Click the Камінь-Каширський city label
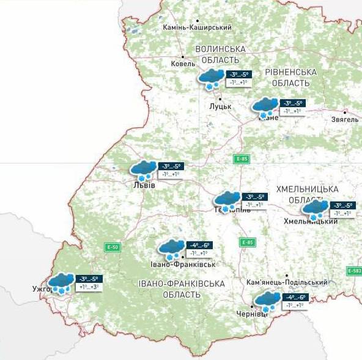tap(197, 28)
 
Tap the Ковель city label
tap(183, 64)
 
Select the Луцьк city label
tap(220, 106)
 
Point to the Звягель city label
tap(345, 119)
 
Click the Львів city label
tap(144, 185)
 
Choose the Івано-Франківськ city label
tap(183, 264)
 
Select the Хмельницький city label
tap(316, 221)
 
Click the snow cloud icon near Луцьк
tap(211, 78)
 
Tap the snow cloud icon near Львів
tap(144, 169)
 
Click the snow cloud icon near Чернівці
tap(267, 301)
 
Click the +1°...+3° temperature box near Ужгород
tap(89, 287)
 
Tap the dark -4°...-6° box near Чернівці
tap(294, 297)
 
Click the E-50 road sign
tap(113, 248)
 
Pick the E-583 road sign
tap(354, 271)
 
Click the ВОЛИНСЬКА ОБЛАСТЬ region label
tap(220, 54)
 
